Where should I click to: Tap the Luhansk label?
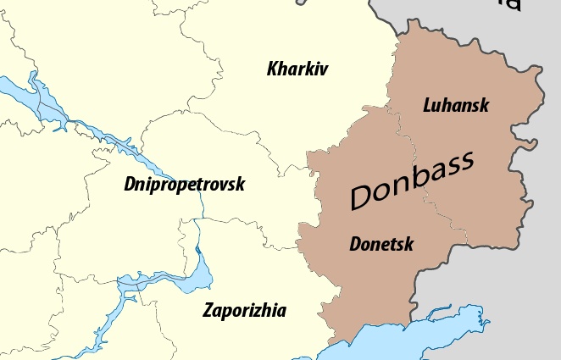[x=455, y=105]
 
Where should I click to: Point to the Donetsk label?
[x=381, y=245]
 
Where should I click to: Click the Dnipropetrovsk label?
[x=184, y=183]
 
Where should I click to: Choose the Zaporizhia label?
[x=244, y=310]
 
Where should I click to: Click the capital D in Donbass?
[x=362, y=196]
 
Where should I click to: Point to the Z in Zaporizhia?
[x=208, y=310]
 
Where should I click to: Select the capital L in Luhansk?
[x=427, y=105]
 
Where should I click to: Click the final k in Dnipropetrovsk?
[x=241, y=183]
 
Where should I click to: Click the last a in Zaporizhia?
[x=281, y=311]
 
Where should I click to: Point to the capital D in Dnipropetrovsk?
[x=129, y=183]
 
